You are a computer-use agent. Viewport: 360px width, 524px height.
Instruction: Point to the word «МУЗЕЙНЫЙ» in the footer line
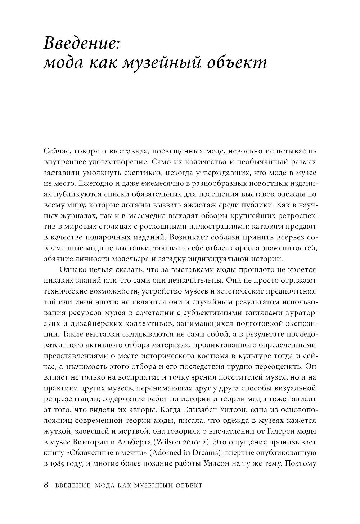click(151, 485)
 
